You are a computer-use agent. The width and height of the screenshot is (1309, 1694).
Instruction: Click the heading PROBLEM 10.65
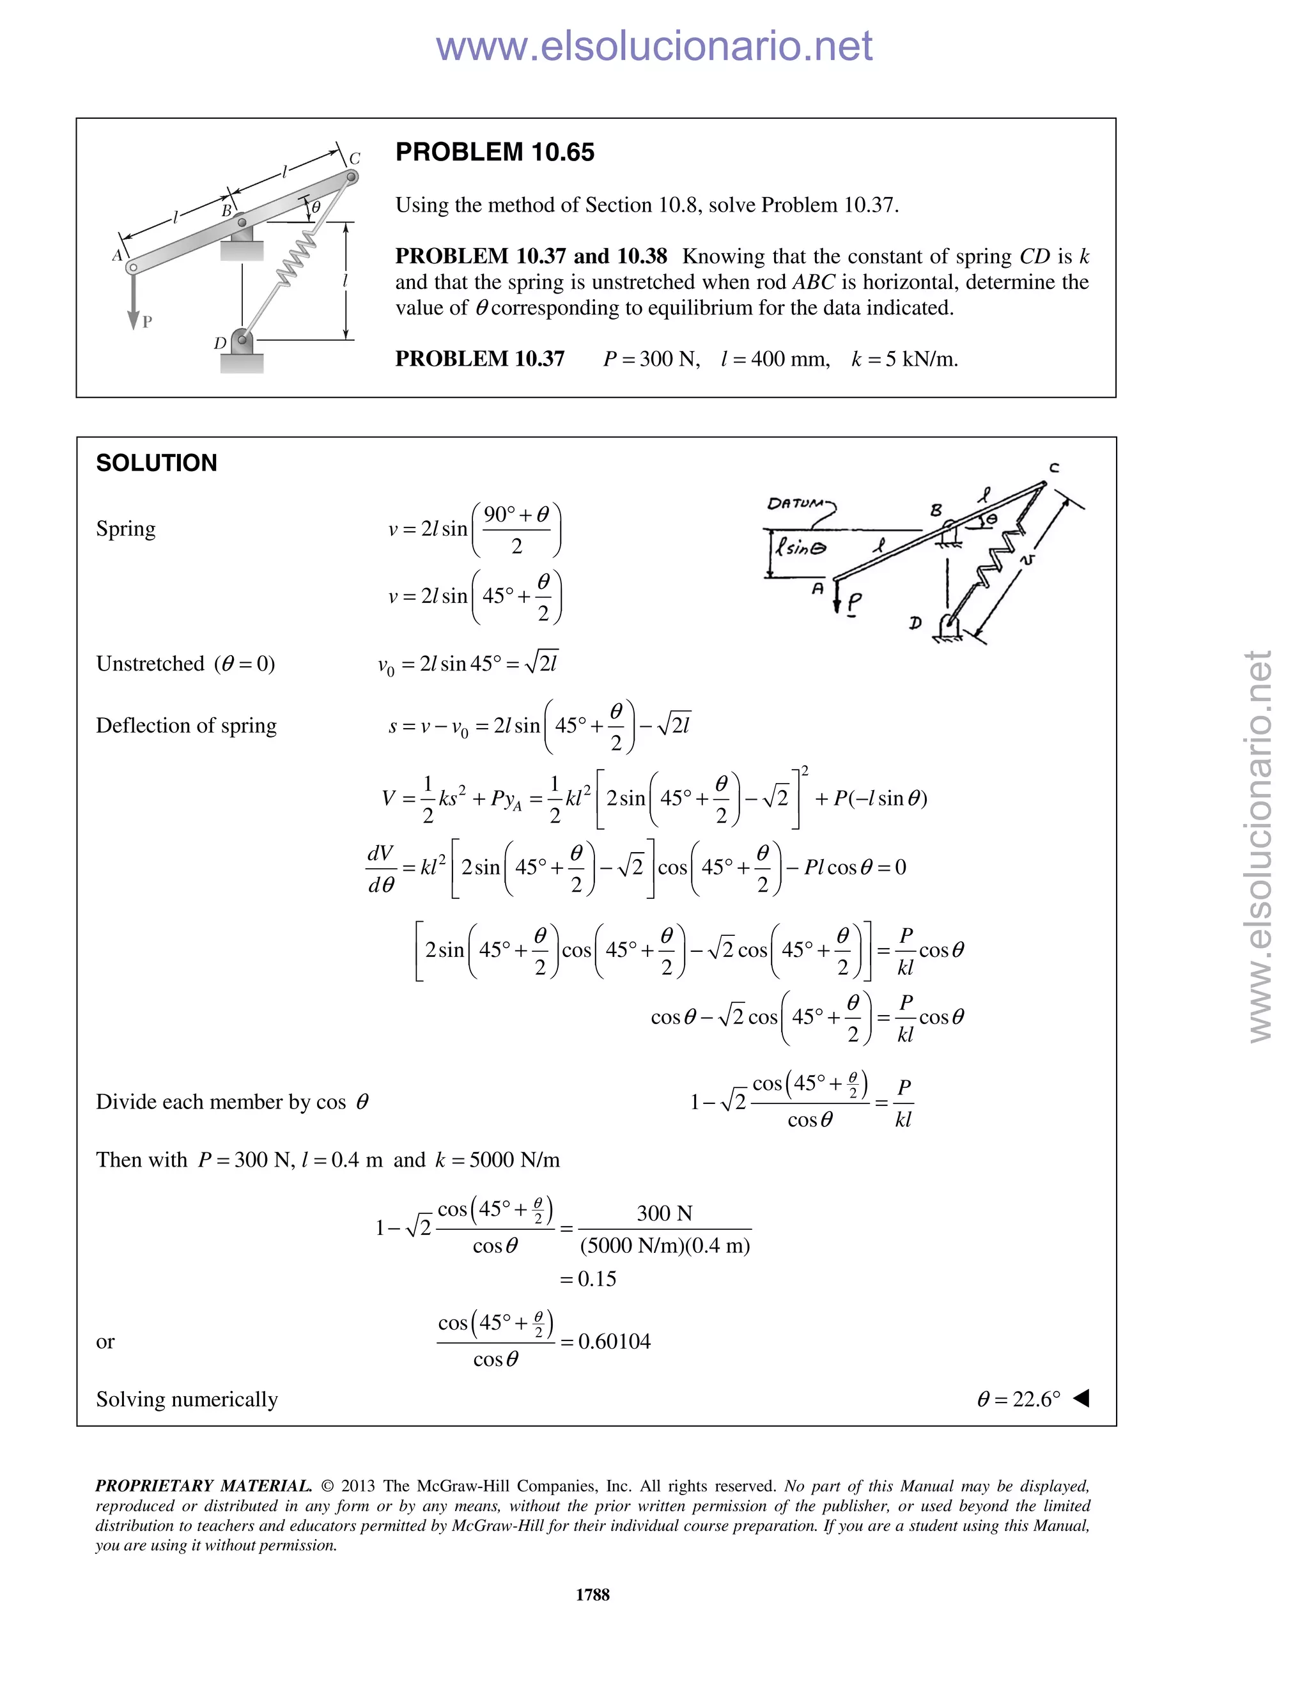pos(495,152)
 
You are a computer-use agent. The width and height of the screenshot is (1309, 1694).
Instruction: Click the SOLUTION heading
pos(157,463)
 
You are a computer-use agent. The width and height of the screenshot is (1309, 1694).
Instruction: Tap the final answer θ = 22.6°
pos(1018,1399)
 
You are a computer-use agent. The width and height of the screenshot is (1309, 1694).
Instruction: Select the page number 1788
pos(593,1594)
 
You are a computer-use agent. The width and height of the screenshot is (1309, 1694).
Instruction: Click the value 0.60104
pos(614,1341)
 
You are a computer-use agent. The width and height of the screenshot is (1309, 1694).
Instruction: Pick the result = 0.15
pos(589,1278)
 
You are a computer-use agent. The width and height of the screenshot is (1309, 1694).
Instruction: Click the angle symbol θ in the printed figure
pos(316,207)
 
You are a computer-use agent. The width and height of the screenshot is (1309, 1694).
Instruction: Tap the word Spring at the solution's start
pos(126,529)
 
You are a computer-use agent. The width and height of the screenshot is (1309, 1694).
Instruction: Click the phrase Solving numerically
pos(187,1399)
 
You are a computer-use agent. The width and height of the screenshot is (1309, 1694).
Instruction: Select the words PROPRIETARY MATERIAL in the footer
pos(203,1486)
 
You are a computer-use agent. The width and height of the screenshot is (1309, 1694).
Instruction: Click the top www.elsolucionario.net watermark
pos(654,46)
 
